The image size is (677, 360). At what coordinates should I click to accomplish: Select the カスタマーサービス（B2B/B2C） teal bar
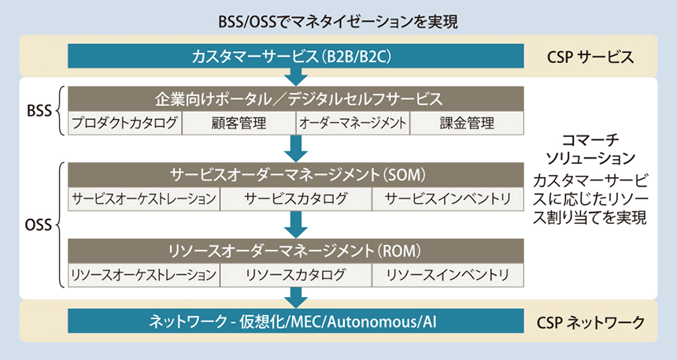click(x=296, y=57)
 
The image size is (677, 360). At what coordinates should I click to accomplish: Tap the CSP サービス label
click(x=590, y=57)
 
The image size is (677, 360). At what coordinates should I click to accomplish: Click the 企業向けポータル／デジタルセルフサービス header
click(x=296, y=99)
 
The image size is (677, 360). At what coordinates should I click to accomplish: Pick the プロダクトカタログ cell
click(x=125, y=123)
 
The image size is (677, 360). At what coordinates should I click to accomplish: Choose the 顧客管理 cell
click(x=239, y=123)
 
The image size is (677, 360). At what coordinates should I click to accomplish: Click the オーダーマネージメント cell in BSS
click(x=352, y=123)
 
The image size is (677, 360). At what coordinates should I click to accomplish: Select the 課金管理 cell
click(x=467, y=123)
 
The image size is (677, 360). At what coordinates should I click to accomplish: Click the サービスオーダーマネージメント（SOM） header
click(x=296, y=174)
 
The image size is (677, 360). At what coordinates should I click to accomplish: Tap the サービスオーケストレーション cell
click(x=143, y=199)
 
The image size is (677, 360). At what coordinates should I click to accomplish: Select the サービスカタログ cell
click(x=296, y=199)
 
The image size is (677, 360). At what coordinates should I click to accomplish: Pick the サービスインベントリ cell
click(x=448, y=199)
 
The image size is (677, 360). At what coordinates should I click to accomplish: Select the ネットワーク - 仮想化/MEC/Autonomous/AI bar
click(x=296, y=321)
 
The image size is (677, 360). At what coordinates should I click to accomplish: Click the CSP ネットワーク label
click(x=590, y=321)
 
